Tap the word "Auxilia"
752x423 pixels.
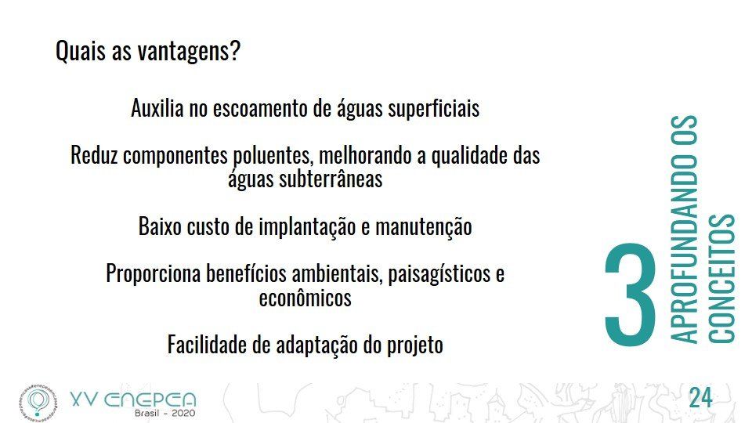pos(157,108)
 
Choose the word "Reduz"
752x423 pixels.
pos(94,155)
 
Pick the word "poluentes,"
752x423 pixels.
pos(273,156)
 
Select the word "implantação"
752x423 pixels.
pos(307,227)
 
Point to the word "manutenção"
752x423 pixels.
pos(424,227)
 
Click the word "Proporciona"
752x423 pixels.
pos(153,274)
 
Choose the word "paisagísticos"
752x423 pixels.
pos(439,274)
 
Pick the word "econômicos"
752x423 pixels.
pos(305,298)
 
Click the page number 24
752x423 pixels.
pos(700,398)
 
